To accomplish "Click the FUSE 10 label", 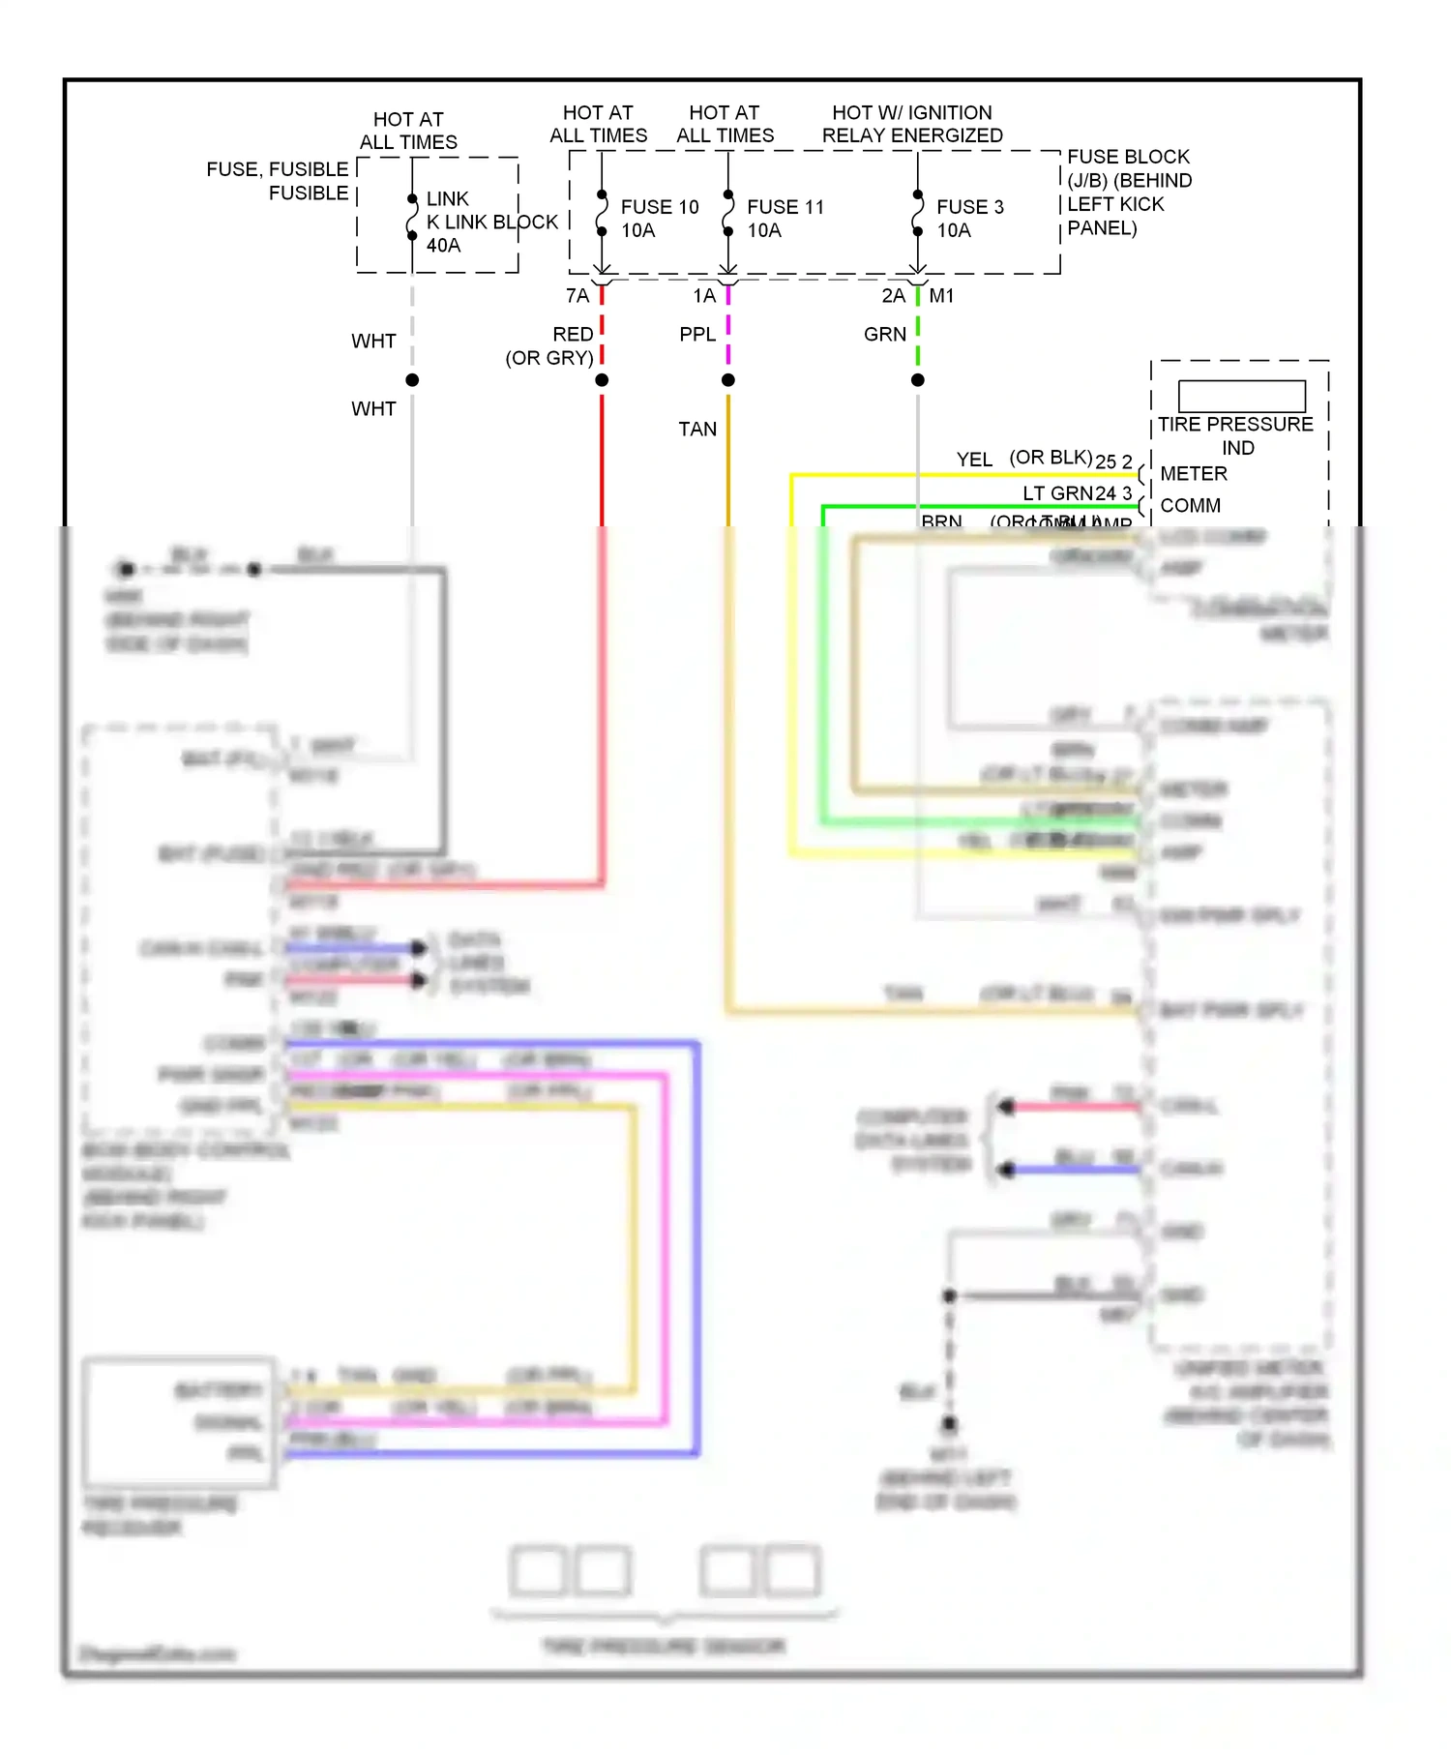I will point(659,207).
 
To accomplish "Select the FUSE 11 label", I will point(785,207).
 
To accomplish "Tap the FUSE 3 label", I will point(969,207).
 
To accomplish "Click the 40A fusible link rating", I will point(443,246).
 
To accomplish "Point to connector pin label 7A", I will point(577,296).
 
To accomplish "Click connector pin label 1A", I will point(703,296).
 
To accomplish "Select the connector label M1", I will point(941,296).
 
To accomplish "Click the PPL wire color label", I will point(696,335).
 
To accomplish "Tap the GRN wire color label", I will point(884,335).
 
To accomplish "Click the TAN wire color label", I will point(696,430).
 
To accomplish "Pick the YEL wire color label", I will point(973,460).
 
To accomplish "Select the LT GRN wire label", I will point(1056,493).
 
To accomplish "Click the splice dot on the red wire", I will point(602,380).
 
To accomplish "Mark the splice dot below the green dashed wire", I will point(917,380).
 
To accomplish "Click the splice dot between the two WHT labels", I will point(412,380).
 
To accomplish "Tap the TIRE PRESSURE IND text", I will point(1235,435).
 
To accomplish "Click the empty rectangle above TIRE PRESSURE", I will point(1241,396).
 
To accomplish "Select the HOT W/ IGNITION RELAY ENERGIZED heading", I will point(911,125).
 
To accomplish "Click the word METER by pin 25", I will point(1193,474).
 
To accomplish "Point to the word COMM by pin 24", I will point(1190,506).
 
